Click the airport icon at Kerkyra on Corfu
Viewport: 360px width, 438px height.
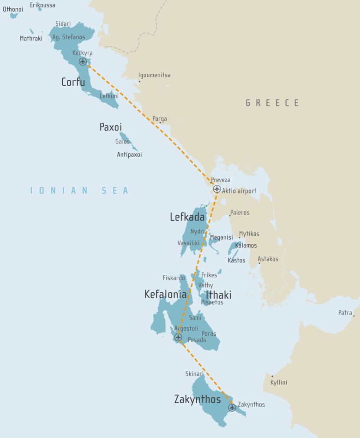[x=83, y=61]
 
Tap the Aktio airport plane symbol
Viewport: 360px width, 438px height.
[x=216, y=189]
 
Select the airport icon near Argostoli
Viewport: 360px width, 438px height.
[x=178, y=337]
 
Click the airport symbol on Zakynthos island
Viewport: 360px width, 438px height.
[x=232, y=408]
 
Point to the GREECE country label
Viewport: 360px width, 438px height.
[x=272, y=103]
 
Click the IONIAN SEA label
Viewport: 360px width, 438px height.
[x=79, y=190]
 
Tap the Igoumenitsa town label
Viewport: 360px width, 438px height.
[x=154, y=75]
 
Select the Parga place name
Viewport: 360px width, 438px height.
[x=160, y=119]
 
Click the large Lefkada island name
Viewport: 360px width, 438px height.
[x=187, y=217]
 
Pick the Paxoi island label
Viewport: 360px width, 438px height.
[x=111, y=127]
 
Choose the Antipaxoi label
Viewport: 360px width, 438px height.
[x=129, y=154]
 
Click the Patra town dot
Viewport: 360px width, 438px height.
[x=354, y=316]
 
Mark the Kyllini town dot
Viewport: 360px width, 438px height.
[x=272, y=376]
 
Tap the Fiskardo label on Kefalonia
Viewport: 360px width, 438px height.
[x=174, y=278]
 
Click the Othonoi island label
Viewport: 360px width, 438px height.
[x=13, y=9]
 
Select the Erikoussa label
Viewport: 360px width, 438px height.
[x=42, y=5]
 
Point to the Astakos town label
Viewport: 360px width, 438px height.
[x=268, y=259]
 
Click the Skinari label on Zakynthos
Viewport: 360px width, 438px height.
[x=194, y=374]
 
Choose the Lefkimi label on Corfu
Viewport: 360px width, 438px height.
[x=109, y=96]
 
